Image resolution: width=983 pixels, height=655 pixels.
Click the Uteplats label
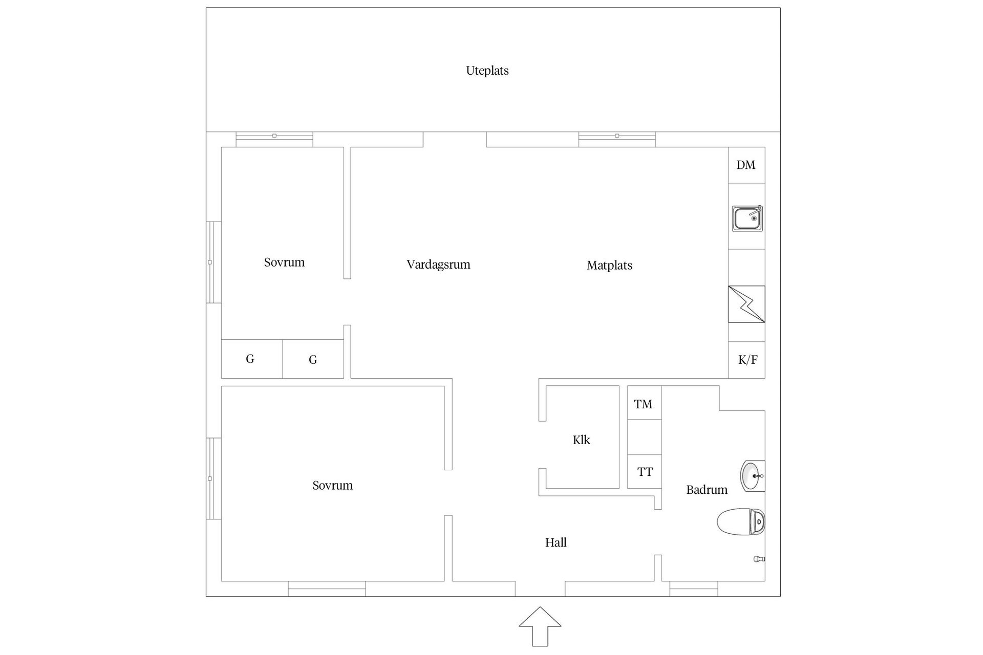point(487,71)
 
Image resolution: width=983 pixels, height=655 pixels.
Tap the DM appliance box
point(746,165)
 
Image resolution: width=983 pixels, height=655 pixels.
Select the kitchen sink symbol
point(747,219)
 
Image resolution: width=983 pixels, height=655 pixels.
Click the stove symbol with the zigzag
point(746,304)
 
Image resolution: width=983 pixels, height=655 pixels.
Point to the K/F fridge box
point(747,360)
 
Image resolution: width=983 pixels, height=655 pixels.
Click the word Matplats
point(609,266)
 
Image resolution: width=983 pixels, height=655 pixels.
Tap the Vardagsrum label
point(438,265)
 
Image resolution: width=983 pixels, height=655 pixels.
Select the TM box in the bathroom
point(644,403)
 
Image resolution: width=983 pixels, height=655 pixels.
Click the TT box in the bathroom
point(645,472)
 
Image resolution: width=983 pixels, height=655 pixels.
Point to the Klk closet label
point(581,440)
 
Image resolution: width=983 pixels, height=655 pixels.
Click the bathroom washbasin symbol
point(752,476)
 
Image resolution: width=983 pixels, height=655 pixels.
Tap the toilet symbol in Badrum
point(740,521)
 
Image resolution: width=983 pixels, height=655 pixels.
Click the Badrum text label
point(707,490)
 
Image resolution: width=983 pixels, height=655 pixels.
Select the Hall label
point(555,543)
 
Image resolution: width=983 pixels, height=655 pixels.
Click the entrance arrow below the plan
point(540,626)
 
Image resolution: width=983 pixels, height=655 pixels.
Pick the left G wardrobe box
point(251,359)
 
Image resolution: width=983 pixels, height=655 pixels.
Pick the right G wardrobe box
point(313,360)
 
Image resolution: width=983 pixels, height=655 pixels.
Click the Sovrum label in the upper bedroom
point(284,263)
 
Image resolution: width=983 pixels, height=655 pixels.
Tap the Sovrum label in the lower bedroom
point(332,485)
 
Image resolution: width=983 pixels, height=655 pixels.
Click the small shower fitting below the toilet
point(759,559)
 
